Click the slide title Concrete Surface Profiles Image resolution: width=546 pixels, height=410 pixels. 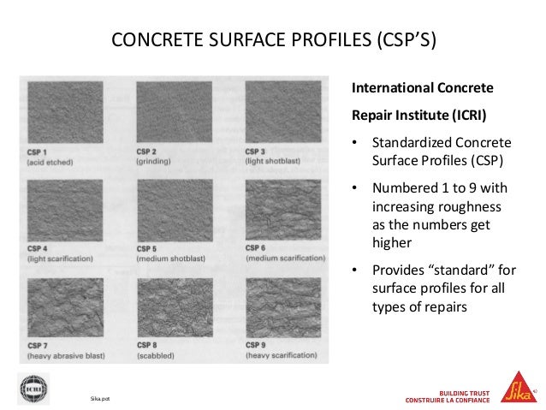(274, 40)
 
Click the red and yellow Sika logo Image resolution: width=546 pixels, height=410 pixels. (516, 387)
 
